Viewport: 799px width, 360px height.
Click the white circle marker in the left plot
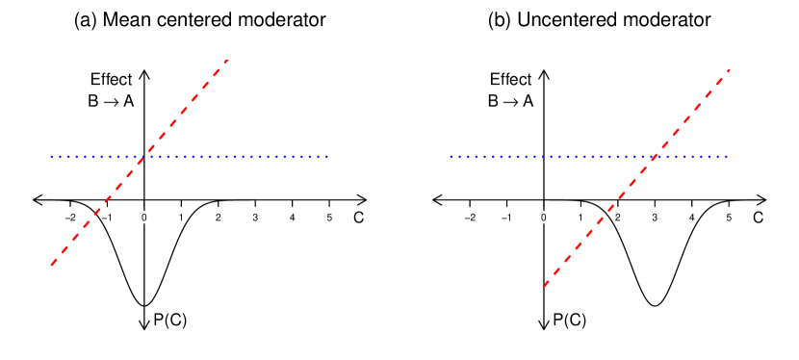[144, 218]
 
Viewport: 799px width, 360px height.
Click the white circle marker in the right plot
[544, 218]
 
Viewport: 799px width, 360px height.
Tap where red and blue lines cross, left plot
[142, 157]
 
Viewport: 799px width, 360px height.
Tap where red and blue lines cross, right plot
[655, 157]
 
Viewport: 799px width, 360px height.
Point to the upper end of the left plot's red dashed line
[227, 60]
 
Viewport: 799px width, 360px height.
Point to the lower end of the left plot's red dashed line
[51, 265]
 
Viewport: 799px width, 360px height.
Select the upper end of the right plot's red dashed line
[731, 69]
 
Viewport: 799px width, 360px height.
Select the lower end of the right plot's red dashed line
[544, 286]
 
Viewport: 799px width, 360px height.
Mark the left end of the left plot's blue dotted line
[51, 157]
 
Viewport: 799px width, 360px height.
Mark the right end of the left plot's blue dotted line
[328, 157]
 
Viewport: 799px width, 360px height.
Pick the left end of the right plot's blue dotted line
[450, 157]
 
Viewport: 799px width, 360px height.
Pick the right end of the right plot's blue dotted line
[727, 157]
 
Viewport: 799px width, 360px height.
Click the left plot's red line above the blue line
[185, 109]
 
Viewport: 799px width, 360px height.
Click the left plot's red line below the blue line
[96, 212]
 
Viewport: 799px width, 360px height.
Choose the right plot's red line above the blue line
[693, 113]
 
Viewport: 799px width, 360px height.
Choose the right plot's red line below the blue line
[599, 221]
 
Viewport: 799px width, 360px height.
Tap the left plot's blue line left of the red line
[96, 157]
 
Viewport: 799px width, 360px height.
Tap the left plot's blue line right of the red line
[236, 157]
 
